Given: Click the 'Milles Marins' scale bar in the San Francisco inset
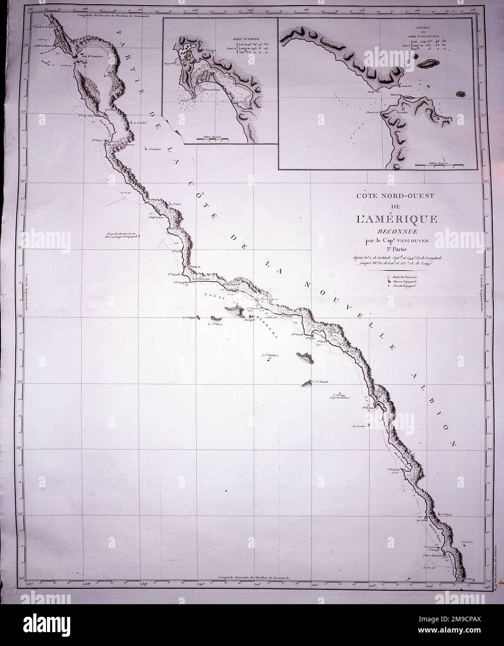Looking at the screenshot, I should click(x=439, y=165).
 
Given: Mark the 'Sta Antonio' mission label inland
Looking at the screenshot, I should click(x=153, y=150).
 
